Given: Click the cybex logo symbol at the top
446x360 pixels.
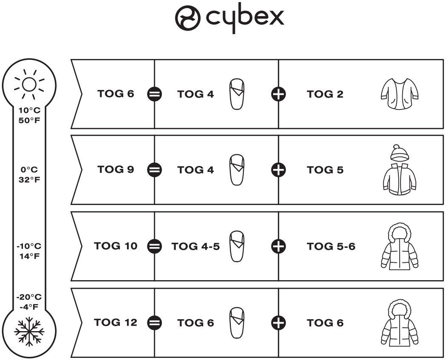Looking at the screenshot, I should click(188, 18).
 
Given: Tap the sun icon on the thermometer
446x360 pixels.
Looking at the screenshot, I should click(29, 84).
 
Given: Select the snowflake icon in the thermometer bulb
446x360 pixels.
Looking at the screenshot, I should click(29, 330).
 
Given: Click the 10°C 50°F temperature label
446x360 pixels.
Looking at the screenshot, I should click(29, 115).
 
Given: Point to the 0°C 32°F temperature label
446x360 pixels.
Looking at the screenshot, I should click(29, 174).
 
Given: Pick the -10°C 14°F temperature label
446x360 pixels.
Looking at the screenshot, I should click(29, 251).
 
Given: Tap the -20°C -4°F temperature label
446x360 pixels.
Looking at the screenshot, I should click(29, 302).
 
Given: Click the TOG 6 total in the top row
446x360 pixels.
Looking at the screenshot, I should click(116, 94).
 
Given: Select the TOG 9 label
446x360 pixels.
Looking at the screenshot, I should click(116, 169).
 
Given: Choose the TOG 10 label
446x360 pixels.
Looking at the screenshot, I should click(116, 246).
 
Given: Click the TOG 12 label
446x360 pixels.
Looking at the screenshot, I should click(116, 322).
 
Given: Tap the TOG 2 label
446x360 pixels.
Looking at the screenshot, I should click(325, 94).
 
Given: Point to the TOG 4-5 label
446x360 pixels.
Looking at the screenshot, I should click(195, 246).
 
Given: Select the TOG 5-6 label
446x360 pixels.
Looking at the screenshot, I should click(331, 246).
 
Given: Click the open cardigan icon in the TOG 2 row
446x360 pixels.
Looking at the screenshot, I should click(400, 94).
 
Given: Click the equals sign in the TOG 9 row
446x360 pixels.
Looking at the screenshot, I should click(154, 170).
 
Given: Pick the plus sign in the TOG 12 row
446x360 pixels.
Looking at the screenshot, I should click(279, 323).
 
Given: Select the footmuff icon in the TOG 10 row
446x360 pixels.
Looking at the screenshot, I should click(237, 246).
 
